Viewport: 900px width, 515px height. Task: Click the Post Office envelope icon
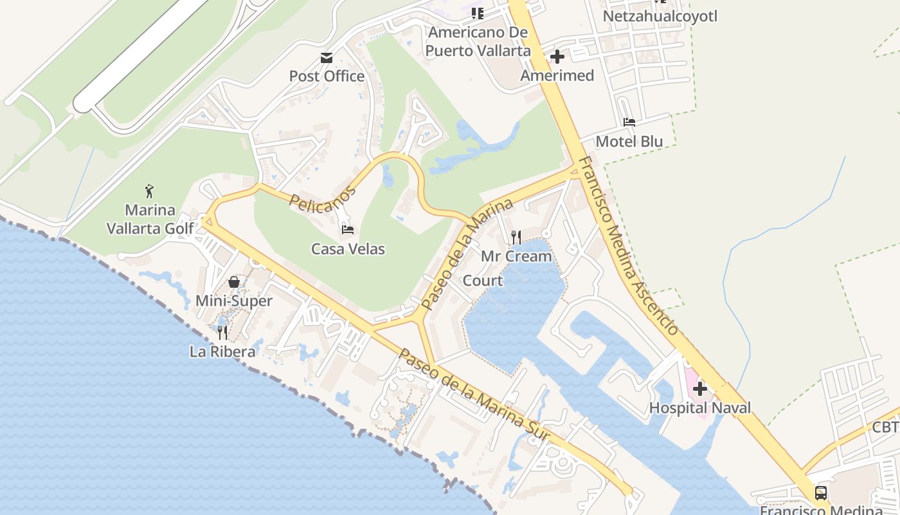click(327, 58)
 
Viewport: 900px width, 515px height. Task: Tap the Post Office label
click(327, 76)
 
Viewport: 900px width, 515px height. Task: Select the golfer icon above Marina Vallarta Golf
click(149, 191)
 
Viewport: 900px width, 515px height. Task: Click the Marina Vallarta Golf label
click(150, 219)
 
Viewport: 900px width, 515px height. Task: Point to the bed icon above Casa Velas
click(348, 229)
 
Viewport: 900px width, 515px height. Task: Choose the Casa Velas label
click(348, 248)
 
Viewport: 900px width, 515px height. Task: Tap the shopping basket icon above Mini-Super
click(234, 282)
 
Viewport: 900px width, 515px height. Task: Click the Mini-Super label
click(234, 301)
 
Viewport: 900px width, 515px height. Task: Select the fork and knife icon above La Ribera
click(222, 332)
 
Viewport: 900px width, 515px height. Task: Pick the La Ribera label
click(222, 351)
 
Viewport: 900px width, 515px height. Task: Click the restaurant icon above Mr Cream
click(516, 238)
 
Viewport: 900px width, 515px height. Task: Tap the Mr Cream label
click(516, 256)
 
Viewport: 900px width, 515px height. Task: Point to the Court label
click(483, 281)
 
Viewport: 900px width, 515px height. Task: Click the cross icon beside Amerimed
click(557, 57)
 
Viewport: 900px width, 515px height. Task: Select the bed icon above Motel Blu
click(629, 122)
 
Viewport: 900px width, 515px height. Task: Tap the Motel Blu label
click(629, 141)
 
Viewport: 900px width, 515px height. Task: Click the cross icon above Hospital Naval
click(699, 389)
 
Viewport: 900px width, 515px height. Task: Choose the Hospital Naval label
click(699, 407)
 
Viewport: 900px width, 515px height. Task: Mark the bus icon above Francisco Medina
click(821, 493)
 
